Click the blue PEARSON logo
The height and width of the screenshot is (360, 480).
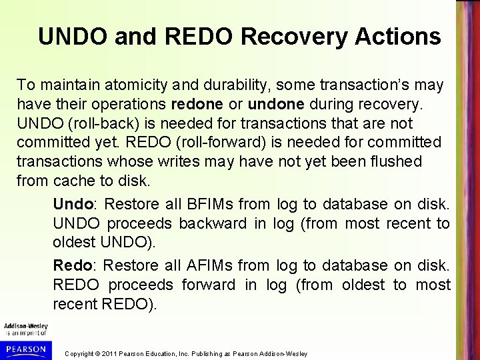[24, 348]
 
